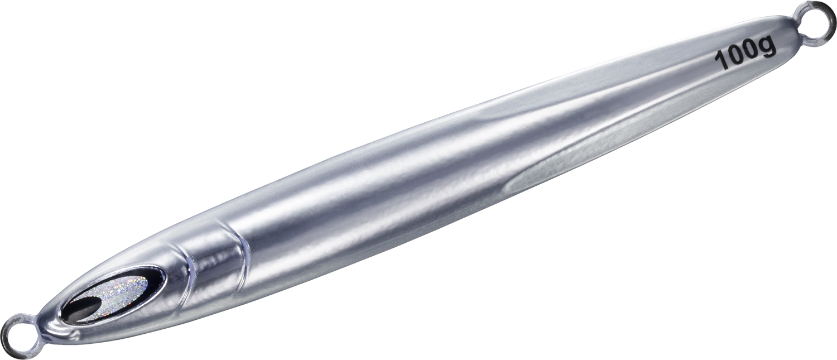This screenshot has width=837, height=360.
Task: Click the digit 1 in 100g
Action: (x=721, y=61)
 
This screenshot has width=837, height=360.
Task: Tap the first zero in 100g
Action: (x=736, y=57)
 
